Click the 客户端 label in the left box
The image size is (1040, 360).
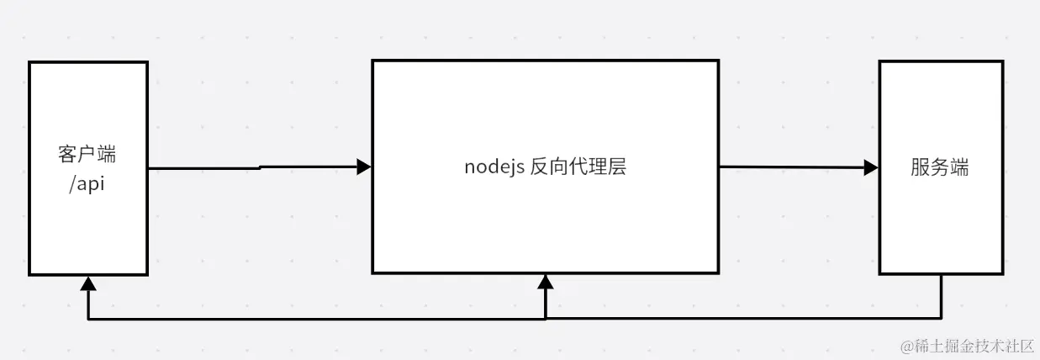pyautogui.click(x=87, y=155)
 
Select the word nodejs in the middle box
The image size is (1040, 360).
pyautogui.click(x=494, y=167)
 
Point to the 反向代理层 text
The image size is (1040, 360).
pyautogui.click(x=578, y=167)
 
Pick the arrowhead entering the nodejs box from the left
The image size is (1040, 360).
pyautogui.click(x=363, y=167)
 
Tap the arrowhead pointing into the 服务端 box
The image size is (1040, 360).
pyautogui.click(x=871, y=167)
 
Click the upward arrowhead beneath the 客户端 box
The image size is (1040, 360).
pyautogui.click(x=87, y=284)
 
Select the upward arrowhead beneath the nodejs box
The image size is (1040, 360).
pyautogui.click(x=546, y=283)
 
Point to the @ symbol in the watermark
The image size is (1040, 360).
pyautogui.click(x=907, y=346)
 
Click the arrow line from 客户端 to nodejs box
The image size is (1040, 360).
pyautogui.click(x=252, y=168)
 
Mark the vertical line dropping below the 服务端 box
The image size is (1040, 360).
pyautogui.click(x=941, y=296)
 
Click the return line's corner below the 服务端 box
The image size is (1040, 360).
pyautogui.click(x=941, y=319)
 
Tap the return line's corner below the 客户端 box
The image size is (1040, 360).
pyautogui.click(x=87, y=319)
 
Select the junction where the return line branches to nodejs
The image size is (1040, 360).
pyautogui.click(x=546, y=319)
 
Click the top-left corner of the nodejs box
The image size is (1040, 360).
pyautogui.click(x=373, y=61)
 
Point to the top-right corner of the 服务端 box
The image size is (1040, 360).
pyautogui.click(x=1002, y=61)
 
